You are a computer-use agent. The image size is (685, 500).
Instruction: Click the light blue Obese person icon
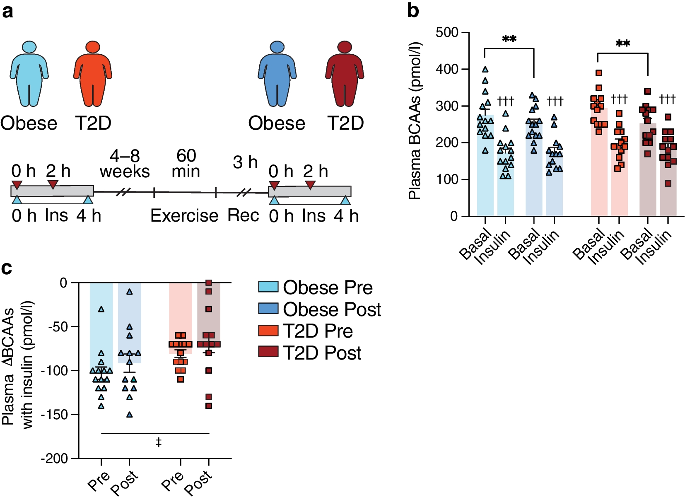pyautogui.click(x=29, y=73)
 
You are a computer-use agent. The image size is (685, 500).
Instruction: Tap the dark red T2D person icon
pyautogui.click(x=345, y=73)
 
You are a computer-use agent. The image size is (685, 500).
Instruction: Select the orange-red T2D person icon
pyautogui.click(x=93, y=73)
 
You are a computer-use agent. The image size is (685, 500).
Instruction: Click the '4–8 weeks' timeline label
pyautogui.click(x=125, y=164)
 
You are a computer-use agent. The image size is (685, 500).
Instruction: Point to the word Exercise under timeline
pyautogui.click(x=184, y=216)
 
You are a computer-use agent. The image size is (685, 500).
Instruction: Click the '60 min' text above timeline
pyautogui.click(x=186, y=164)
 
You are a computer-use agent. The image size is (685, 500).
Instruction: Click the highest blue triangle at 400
pyautogui.click(x=485, y=70)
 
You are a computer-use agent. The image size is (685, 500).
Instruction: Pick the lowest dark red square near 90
pyautogui.click(x=668, y=184)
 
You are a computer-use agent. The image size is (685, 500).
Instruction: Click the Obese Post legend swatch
pyautogui.click(x=268, y=309)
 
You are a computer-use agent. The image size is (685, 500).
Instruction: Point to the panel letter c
pyautogui.click(x=7, y=268)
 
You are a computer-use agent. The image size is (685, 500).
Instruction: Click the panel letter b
pyautogui.click(x=413, y=10)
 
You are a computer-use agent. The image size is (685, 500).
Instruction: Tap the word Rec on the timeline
pyautogui.click(x=243, y=216)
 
